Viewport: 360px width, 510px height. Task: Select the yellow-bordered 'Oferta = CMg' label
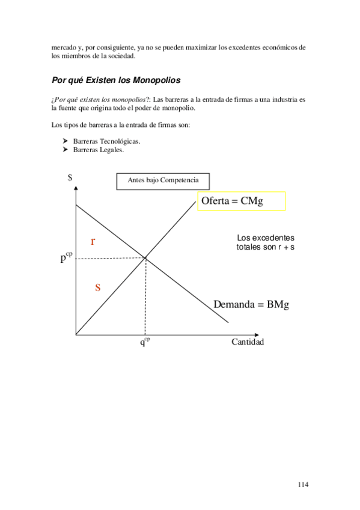pyautogui.click(x=240, y=201)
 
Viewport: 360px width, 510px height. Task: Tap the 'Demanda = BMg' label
pyautogui.click(x=251, y=305)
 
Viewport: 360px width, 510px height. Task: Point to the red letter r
pyautogui.click(x=93, y=241)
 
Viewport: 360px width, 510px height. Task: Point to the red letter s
pyautogui.click(x=97, y=287)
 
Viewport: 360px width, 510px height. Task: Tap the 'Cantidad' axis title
pyautogui.click(x=248, y=342)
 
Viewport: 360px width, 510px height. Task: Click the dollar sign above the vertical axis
pyautogui.click(x=70, y=177)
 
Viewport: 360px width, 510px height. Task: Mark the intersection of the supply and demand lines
pyautogui.click(x=145, y=259)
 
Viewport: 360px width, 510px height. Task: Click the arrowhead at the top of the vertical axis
pyautogui.click(x=76, y=188)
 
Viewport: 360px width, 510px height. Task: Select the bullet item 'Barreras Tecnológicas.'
pyautogui.click(x=106, y=141)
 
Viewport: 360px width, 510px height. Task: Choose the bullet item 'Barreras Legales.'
pyautogui.click(x=98, y=150)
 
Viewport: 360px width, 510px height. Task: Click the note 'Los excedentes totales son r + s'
pyautogui.click(x=265, y=242)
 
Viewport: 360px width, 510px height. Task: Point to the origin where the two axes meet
pyautogui.click(x=76, y=334)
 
